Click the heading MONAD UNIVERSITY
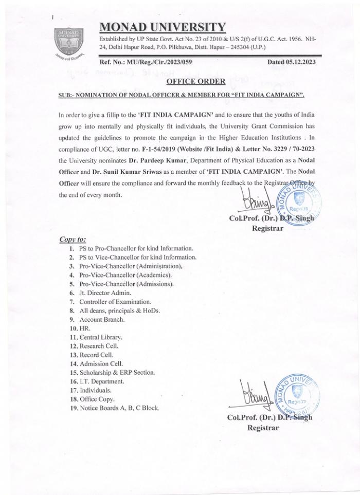[161, 27]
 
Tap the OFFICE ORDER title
[196, 81]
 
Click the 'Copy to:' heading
[73, 239]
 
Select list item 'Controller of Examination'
[115, 301]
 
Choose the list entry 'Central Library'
[101, 337]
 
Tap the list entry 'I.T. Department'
[102, 381]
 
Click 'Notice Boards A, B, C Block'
[119, 408]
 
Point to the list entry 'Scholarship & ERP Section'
[117, 372]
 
